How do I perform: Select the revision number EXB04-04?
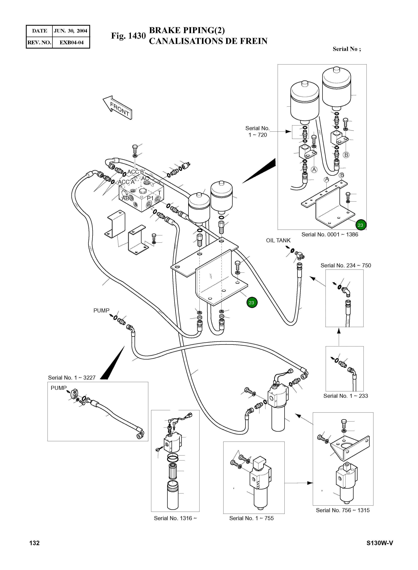71,43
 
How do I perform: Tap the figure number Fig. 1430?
128,36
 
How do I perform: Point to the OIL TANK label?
278,240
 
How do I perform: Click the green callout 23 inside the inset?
361,225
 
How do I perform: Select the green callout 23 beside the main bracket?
251,303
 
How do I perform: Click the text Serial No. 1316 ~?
175,518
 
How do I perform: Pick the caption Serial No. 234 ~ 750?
346,266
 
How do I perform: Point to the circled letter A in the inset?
314,170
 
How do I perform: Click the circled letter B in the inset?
346,155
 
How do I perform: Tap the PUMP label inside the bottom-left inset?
58,388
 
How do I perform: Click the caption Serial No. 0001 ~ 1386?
330,234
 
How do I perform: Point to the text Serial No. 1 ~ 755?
251,518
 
